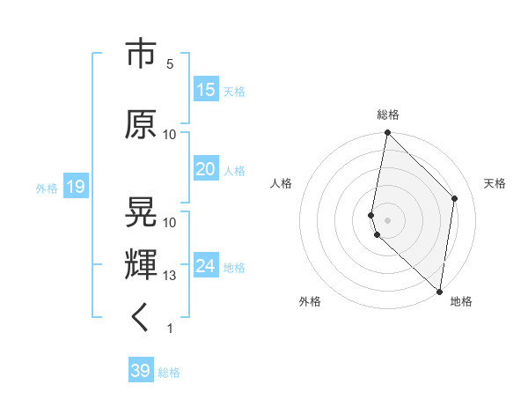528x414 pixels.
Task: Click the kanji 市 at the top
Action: (x=142, y=55)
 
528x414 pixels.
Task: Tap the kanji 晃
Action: (x=142, y=212)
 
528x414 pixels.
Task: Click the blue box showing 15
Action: (x=206, y=90)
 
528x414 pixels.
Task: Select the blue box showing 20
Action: (x=206, y=169)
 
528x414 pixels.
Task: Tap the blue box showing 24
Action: (x=206, y=266)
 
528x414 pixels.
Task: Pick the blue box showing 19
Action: (x=75, y=187)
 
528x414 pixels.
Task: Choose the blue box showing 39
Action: (x=141, y=371)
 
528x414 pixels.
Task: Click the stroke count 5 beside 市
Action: (x=170, y=64)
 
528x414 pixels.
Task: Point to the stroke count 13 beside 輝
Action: (x=170, y=276)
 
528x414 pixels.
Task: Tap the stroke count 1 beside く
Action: (x=170, y=329)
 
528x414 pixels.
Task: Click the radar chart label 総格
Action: (x=388, y=115)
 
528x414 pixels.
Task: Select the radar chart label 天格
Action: (x=495, y=183)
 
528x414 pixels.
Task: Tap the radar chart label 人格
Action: (x=281, y=183)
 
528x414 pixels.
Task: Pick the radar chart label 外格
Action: (x=310, y=301)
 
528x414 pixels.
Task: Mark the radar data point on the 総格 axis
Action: (x=387, y=133)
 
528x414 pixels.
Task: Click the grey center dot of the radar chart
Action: (x=388, y=219)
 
